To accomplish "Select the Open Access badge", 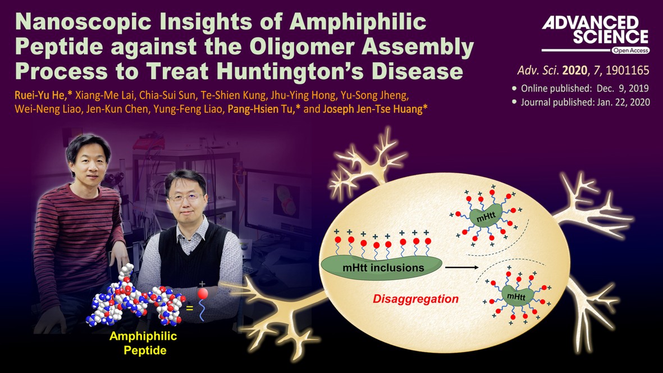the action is (x=630, y=51).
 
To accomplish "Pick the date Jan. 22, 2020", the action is (x=623, y=102).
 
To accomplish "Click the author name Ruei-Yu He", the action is (x=40, y=95).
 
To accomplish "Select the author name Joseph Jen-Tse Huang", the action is (x=372, y=109).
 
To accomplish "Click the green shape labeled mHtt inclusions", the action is (x=381, y=268).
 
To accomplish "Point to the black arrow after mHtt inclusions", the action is (x=461, y=267).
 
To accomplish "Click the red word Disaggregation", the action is (x=415, y=299).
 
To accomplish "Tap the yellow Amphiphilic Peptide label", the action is (x=143, y=343).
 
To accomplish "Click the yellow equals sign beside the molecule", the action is (x=189, y=308).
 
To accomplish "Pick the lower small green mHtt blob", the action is (x=516, y=295).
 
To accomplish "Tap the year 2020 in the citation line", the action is (x=575, y=70).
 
